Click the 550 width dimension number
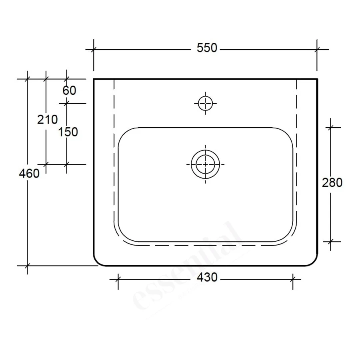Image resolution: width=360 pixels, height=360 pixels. tap(206, 48)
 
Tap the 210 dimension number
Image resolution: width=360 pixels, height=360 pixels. tap(47, 119)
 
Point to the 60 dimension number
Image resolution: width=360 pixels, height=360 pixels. tap(69, 91)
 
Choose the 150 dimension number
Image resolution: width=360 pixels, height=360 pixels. tap(68, 132)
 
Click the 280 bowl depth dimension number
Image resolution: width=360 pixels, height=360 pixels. tap(332, 183)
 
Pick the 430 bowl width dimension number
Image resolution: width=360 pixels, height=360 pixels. tap(207, 277)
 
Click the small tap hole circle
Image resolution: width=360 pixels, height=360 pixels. tap(206, 103)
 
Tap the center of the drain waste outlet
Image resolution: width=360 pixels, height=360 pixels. tap(206, 164)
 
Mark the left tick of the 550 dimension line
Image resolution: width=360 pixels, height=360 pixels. tap(94, 50)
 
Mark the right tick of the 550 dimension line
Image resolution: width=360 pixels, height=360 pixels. tap(317, 50)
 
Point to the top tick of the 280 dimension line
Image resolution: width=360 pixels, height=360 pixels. tap(330, 128)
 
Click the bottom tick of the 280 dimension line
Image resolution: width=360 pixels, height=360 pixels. tap(330, 242)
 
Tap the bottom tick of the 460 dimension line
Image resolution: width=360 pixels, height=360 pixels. tap(27, 266)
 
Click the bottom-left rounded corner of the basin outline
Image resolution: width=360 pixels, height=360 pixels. tap(98, 262)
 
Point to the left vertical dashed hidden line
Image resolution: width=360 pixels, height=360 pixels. tap(114, 160)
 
